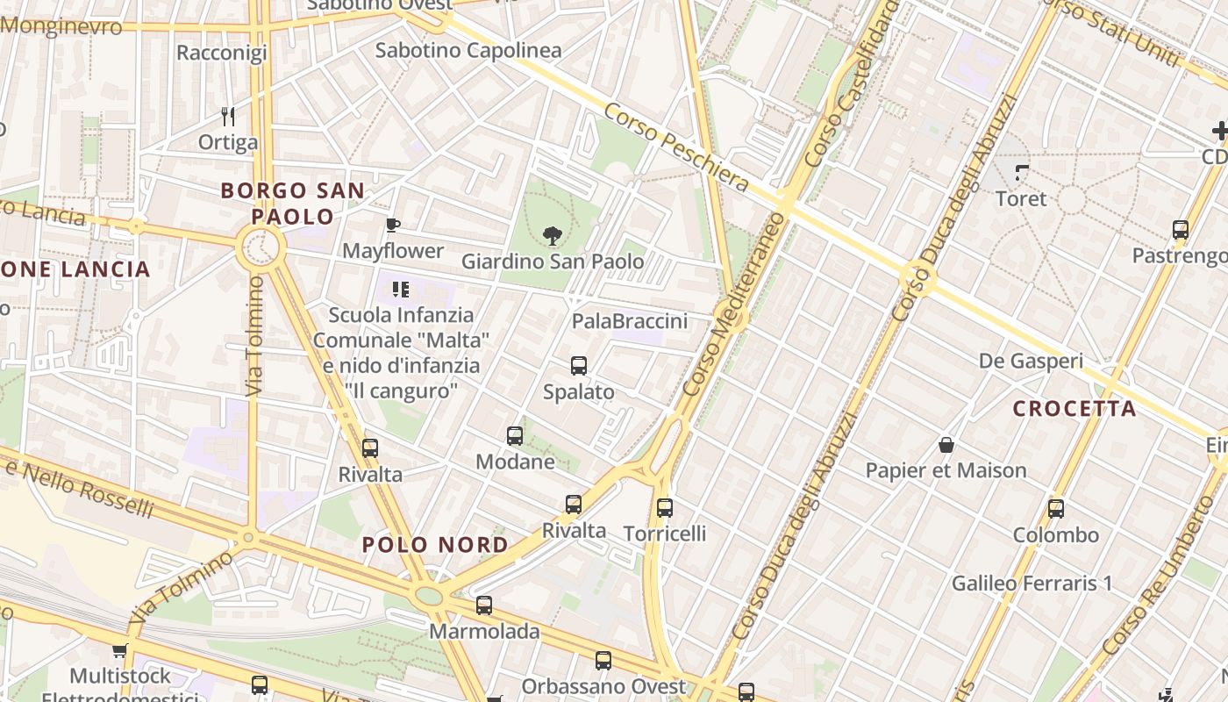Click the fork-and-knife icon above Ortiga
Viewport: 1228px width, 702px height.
click(x=228, y=117)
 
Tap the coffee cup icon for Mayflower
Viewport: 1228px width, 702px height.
click(x=393, y=226)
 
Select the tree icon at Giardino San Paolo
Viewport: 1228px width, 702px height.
click(x=552, y=235)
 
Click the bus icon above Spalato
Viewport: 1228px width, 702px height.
click(x=578, y=366)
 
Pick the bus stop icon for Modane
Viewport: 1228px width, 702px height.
click(x=515, y=435)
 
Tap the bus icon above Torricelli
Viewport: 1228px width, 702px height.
click(x=665, y=507)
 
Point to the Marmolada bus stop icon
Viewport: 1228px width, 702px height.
click(x=483, y=605)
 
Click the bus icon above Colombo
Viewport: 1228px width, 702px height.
click(x=1056, y=509)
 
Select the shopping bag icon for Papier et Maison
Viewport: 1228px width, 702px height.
click(x=946, y=445)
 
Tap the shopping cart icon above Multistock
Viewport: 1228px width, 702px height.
click(x=119, y=651)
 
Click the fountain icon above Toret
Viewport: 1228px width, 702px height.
click(x=1022, y=172)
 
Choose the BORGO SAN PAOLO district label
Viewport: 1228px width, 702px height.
click(x=293, y=204)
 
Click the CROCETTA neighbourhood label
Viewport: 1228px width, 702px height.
click(x=1074, y=408)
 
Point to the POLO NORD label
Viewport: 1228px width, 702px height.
click(x=435, y=545)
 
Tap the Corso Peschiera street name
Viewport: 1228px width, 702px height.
click(x=675, y=147)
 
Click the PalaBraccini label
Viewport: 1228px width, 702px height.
click(x=630, y=321)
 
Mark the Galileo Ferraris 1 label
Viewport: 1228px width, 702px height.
click(x=1032, y=583)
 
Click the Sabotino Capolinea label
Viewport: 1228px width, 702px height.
click(x=468, y=50)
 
